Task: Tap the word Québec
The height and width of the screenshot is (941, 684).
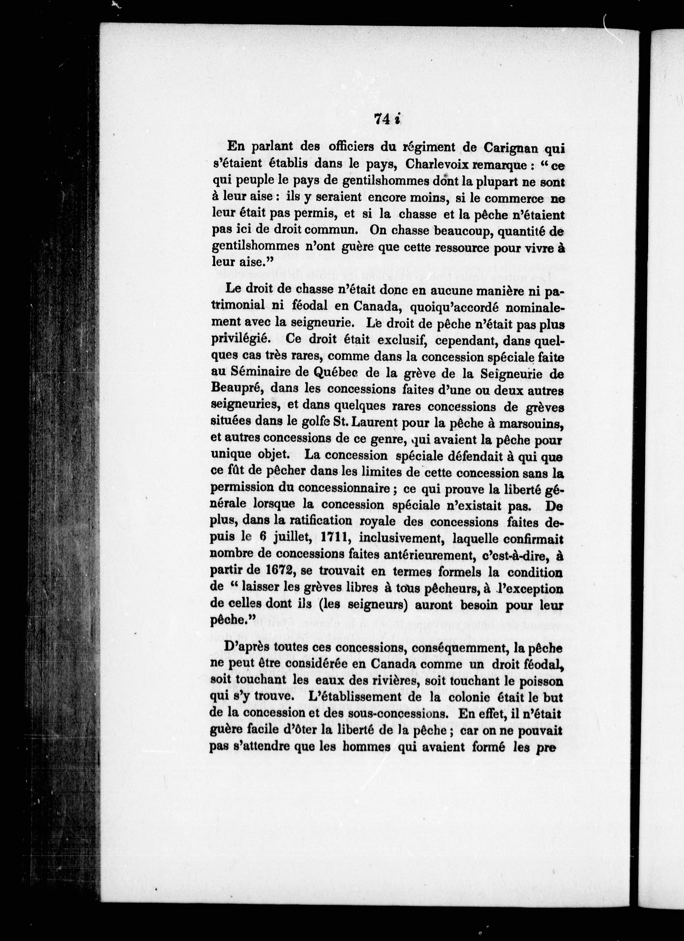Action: [336, 373]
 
